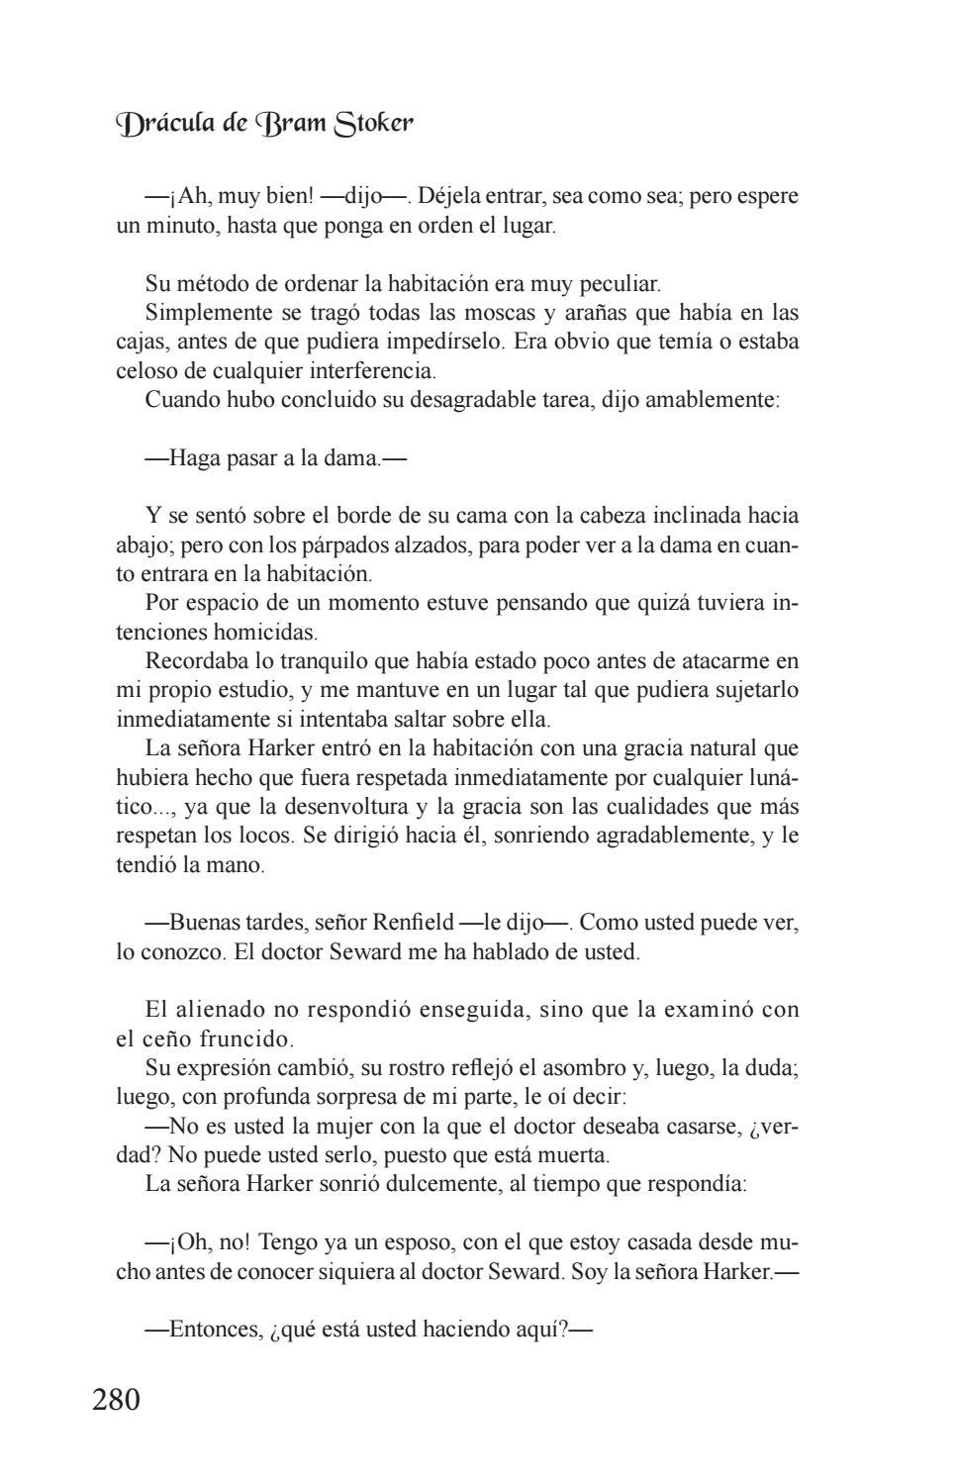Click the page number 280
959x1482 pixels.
116,1399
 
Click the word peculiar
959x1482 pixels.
621,284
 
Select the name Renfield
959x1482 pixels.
412,923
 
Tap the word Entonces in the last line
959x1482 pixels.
215,1329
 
